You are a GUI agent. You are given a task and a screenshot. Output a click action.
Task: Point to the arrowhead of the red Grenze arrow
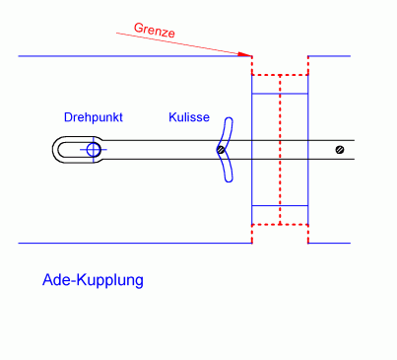pyautogui.click(x=248, y=54)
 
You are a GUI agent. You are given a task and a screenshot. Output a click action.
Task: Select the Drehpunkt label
pyautogui.click(x=93, y=117)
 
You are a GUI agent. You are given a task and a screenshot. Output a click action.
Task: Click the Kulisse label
pyautogui.click(x=187, y=117)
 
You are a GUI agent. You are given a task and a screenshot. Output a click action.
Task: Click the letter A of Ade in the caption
pyautogui.click(x=47, y=279)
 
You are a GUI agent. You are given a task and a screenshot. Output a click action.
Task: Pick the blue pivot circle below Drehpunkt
pyautogui.click(x=94, y=150)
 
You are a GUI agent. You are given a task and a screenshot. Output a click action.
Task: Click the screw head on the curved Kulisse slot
pyautogui.click(x=222, y=150)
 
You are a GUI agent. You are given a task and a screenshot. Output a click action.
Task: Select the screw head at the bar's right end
pyautogui.click(x=339, y=150)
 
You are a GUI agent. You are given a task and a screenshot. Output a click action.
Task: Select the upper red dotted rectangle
pyautogui.click(x=281, y=65)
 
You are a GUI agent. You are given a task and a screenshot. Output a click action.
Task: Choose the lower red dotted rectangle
pyautogui.click(x=281, y=234)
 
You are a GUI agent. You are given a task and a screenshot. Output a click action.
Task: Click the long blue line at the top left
pyautogui.click(x=128, y=56)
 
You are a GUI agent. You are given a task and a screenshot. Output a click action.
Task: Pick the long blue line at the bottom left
pyautogui.click(x=128, y=243)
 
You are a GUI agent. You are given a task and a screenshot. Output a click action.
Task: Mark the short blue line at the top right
pyautogui.click(x=330, y=56)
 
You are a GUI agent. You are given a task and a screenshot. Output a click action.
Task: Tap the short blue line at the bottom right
pyautogui.click(x=330, y=243)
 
